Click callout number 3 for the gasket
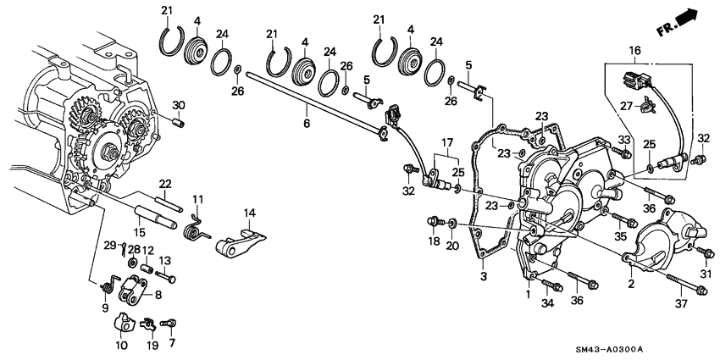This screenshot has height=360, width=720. [483, 277]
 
